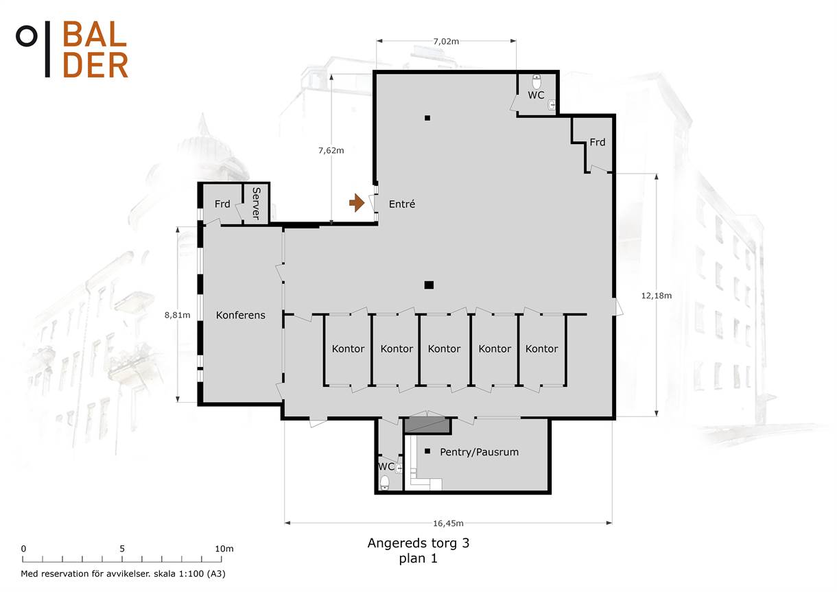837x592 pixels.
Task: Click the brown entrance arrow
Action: pos(357,203)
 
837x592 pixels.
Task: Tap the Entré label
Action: pos(401,204)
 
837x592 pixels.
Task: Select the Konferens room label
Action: pos(241,315)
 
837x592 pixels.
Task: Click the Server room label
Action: pos(256,203)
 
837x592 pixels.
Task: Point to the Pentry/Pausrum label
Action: pos(479,452)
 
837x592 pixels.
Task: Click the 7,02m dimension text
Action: pos(446,41)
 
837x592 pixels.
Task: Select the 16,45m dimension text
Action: pos(448,523)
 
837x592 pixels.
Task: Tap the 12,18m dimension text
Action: pos(657,296)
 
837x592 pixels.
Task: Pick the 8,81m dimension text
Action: pos(177,315)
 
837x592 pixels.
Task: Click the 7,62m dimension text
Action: pos(331,150)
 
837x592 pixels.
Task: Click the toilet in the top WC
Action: pos(537,82)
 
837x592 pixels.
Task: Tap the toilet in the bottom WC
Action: pos(385,482)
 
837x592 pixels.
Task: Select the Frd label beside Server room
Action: pos(222,204)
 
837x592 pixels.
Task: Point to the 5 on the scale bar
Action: pos(122,549)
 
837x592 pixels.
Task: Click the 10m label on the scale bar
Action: pos(224,549)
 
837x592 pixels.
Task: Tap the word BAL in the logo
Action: pos(95,34)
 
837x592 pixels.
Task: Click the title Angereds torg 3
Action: pos(418,543)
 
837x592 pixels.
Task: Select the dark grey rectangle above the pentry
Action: pos(427,425)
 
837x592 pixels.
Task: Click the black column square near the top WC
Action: pos(427,118)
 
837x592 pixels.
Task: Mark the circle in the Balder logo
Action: pos(27,36)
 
